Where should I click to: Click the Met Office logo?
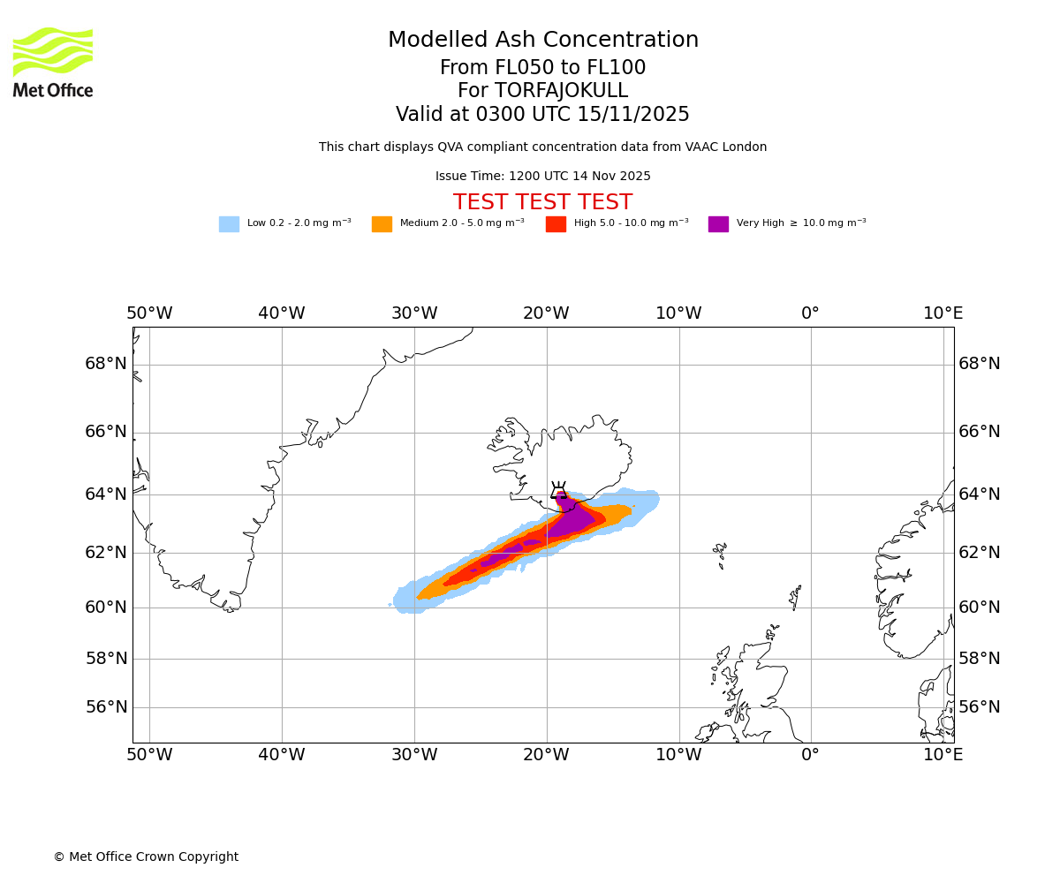click(x=53, y=62)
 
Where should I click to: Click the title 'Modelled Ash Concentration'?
click(x=542, y=41)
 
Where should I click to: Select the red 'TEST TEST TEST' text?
click(x=542, y=203)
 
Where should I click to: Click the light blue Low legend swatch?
click(x=229, y=224)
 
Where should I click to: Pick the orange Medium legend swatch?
click(x=382, y=224)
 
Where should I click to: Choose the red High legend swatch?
click(x=556, y=224)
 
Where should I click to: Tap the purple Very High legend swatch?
click(x=718, y=224)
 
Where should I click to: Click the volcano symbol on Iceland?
click(x=558, y=491)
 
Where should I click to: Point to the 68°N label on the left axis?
click(x=106, y=364)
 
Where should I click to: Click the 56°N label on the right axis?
click(x=980, y=707)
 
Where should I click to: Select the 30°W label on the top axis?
click(x=414, y=313)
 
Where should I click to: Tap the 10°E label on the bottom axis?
click(x=943, y=755)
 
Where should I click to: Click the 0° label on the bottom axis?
click(x=810, y=755)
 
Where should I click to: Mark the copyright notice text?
click(x=146, y=857)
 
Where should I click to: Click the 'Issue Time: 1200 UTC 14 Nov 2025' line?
click(x=542, y=177)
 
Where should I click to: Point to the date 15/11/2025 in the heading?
click(x=633, y=115)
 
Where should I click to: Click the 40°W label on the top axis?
click(x=282, y=313)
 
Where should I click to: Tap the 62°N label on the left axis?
click(x=106, y=553)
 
